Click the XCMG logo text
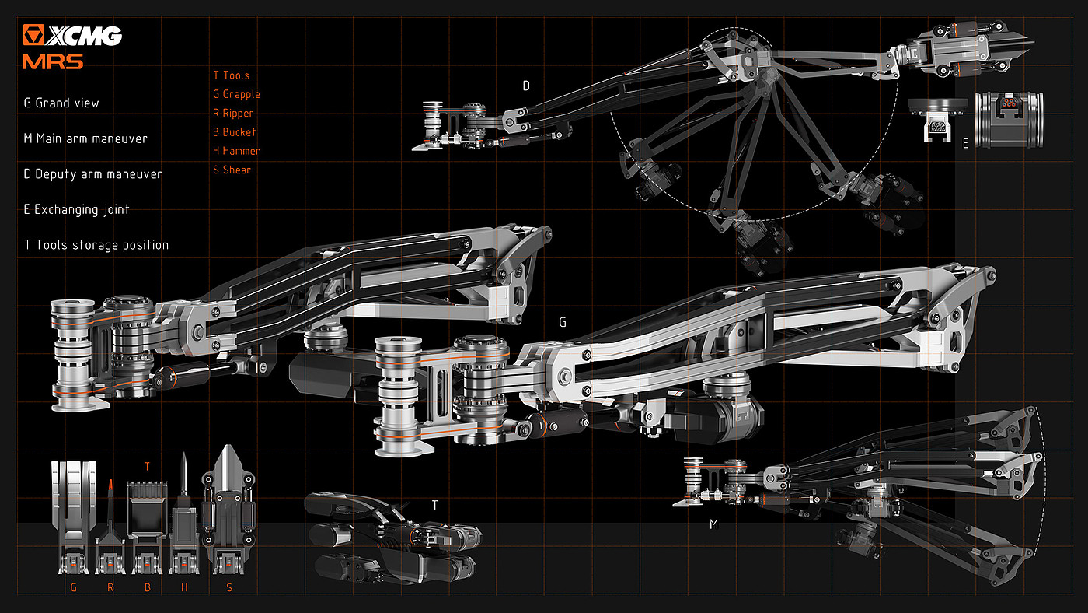84,36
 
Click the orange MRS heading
53,61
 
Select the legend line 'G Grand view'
61,103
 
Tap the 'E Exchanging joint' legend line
77,209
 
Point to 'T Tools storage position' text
96,245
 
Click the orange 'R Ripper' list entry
233,114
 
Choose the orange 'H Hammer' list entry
236,151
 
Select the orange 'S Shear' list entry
232,170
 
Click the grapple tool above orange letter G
74,517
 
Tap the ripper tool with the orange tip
110,527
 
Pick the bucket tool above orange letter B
147,527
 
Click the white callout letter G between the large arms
563,322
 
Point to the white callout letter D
526,86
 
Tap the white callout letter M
713,524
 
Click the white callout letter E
965,143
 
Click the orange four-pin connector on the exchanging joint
1009,103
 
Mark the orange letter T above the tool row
147,467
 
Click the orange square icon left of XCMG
33,35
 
